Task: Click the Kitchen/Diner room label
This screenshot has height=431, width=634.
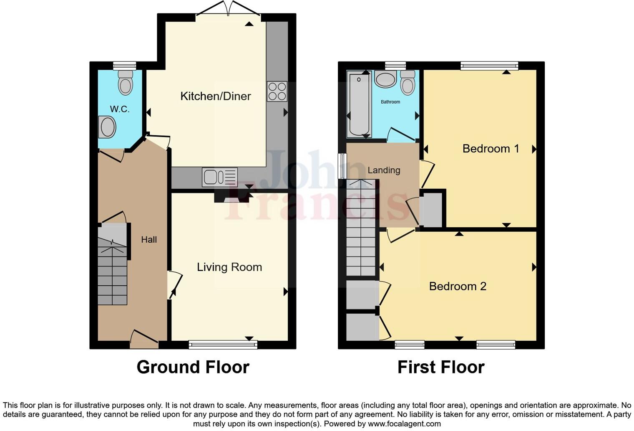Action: tap(215, 96)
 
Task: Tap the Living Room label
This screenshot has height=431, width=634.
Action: tap(229, 267)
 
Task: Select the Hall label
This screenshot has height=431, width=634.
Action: tap(149, 240)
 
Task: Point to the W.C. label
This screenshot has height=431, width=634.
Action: tap(120, 109)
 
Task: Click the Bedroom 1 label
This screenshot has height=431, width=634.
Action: tap(491, 149)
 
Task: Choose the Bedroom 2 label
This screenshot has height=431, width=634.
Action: tap(458, 286)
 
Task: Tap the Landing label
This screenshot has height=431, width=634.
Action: tap(384, 170)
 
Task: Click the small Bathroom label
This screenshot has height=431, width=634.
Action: tap(390, 102)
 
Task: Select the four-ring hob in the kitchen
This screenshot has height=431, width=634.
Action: tap(277, 91)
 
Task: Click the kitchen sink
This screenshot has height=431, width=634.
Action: tap(219, 177)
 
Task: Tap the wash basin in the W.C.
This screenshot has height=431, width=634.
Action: tap(107, 127)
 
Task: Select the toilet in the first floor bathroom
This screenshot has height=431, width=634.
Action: tap(408, 82)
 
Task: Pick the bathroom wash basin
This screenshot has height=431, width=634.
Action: tap(385, 79)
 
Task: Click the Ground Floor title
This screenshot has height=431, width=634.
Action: tap(193, 367)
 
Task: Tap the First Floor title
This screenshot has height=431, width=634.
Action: tap(441, 367)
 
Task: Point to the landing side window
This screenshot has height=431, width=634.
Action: tap(342, 166)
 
